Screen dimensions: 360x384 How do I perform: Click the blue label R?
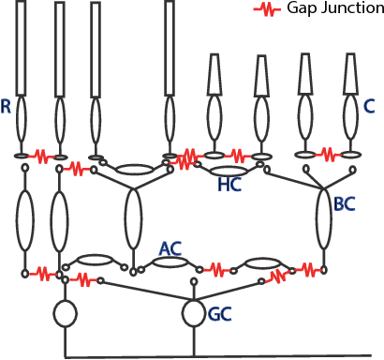tap(7, 108)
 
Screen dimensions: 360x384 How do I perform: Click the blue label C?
tap(369, 107)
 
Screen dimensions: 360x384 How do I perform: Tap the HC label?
tap(229, 187)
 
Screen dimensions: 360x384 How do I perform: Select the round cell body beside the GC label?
tap(194, 312)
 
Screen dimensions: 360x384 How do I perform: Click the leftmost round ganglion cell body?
tap(64, 314)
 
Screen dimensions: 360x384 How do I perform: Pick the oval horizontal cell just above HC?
tap(229, 171)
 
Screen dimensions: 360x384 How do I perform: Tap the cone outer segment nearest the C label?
tap(351, 72)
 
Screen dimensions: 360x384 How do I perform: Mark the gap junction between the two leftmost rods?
tap(41, 154)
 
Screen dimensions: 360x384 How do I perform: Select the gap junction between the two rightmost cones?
tap(327, 153)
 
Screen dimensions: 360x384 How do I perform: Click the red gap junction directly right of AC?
tap(218, 269)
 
